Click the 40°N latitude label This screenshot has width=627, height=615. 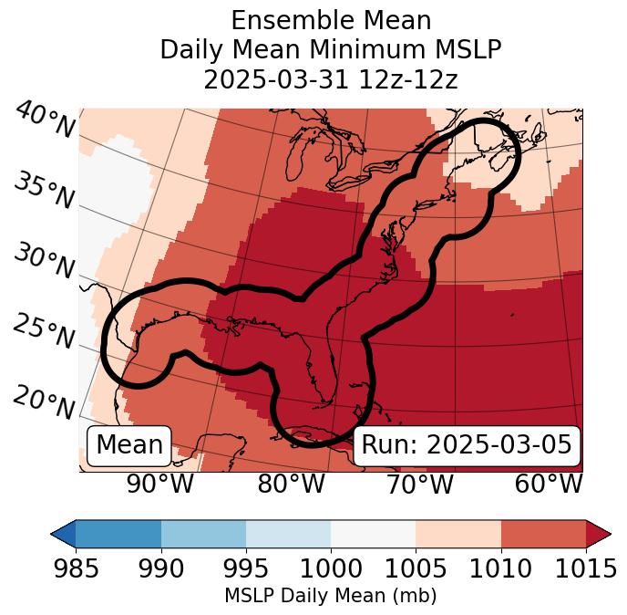(44, 120)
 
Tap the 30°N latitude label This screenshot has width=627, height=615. (44, 262)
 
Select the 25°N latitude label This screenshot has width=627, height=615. (44, 332)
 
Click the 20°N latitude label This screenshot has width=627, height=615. (44, 401)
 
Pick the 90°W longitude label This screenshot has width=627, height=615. (160, 485)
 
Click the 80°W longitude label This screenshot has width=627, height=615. (291, 485)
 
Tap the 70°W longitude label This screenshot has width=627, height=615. (419, 485)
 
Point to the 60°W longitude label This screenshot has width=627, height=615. (549, 485)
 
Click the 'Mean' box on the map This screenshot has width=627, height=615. (129, 445)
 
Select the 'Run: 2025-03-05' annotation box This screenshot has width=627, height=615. (467, 445)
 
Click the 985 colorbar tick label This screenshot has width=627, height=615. (76, 569)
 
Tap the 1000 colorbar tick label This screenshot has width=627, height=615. (331, 569)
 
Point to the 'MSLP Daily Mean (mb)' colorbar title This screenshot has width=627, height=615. (330, 597)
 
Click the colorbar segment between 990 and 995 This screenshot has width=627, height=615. (203, 534)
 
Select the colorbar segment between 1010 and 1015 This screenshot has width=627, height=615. (543, 534)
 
